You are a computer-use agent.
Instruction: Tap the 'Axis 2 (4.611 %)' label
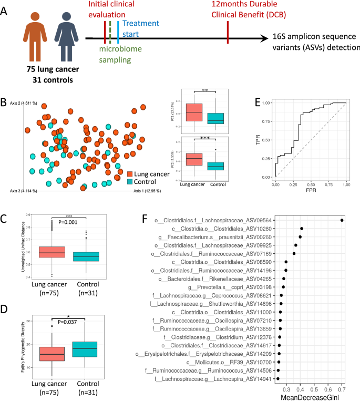(x=23, y=103)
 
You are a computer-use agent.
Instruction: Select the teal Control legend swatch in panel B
(x=131, y=181)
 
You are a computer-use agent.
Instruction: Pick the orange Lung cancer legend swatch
(x=131, y=173)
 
